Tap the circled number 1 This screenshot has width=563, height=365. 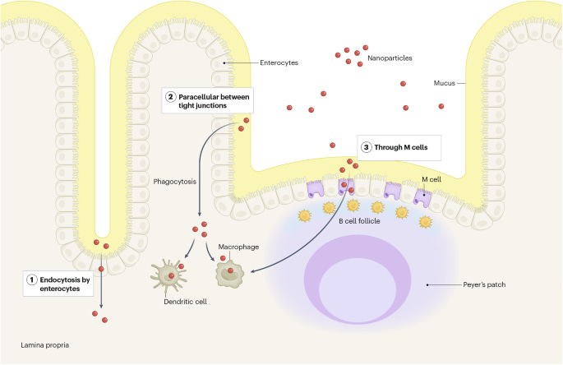[32, 279]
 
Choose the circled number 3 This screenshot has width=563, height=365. [367, 148]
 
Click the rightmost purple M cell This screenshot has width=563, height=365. [422, 196]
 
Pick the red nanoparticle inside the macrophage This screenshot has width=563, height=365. [232, 271]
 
